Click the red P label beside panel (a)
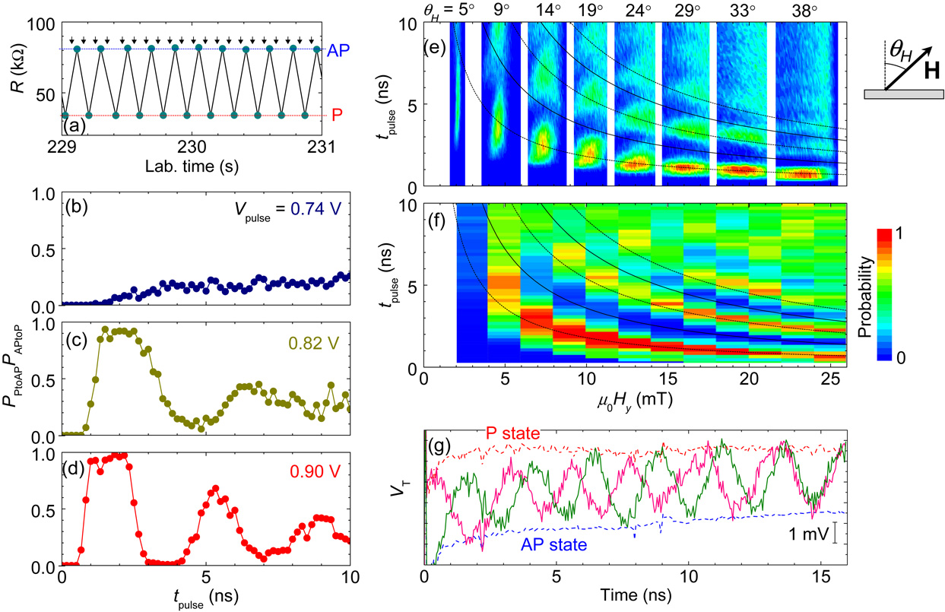337,115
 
